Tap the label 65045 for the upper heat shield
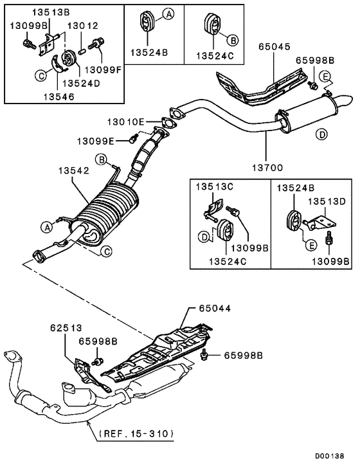point(274,47)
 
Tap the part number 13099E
point(96,140)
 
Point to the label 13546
point(57,96)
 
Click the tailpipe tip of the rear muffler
point(345,102)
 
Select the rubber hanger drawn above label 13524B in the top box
point(146,23)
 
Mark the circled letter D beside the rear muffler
point(321,134)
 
